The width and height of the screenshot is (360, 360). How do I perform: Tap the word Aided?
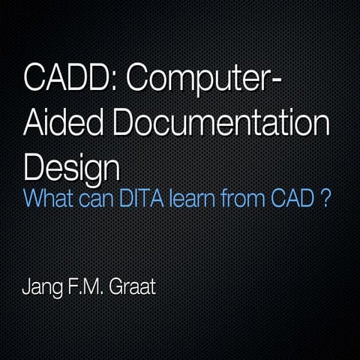point(66,121)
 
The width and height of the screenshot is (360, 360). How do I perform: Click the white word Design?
point(71,165)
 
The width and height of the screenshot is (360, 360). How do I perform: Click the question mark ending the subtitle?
point(326,201)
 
